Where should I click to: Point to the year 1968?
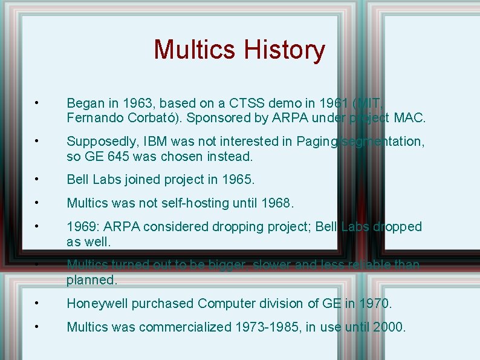tap(277, 203)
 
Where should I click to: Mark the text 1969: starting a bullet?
tap(83, 226)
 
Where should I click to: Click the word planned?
tap(91, 280)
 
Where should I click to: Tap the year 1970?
tap(375, 304)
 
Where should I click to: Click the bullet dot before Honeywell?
tap(37, 303)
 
